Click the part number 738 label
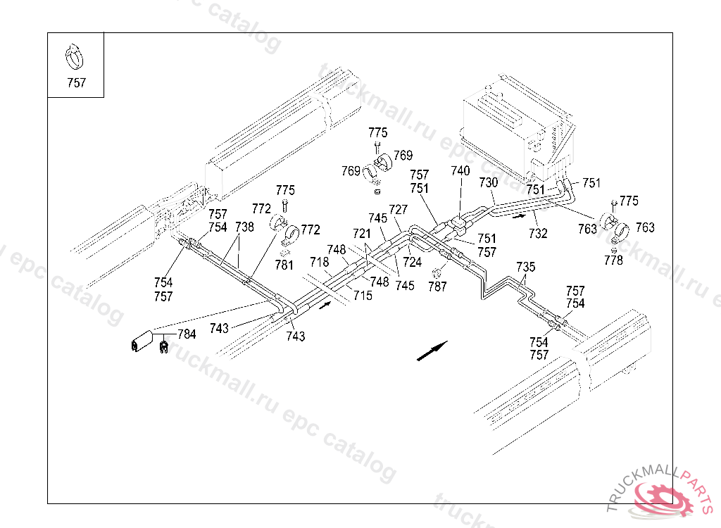point(244,227)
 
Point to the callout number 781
point(284,265)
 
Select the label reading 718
point(320,262)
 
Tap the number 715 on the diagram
point(363,295)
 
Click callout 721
point(362,234)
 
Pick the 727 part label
point(399,210)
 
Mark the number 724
point(413,262)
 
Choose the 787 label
point(437,287)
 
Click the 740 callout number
point(460,170)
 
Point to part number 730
point(489,182)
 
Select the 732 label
point(538,234)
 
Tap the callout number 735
point(525,268)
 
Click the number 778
point(613,260)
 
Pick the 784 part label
point(187,334)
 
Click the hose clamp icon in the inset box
point(74,57)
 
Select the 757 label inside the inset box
point(76,83)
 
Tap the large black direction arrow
point(432,351)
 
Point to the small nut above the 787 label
point(434,273)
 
